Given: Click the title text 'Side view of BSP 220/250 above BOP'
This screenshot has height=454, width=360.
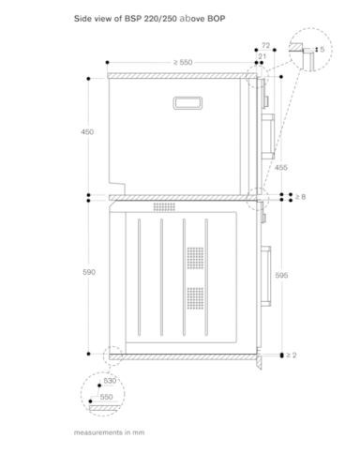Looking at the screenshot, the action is [x=149, y=19].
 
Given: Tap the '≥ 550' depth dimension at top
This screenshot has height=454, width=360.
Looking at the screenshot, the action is [x=183, y=62].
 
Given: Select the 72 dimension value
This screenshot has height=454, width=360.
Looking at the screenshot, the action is [x=265, y=46].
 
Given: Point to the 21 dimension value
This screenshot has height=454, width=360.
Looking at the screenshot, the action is [x=262, y=56].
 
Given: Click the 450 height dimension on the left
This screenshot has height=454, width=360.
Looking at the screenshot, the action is [x=87, y=132].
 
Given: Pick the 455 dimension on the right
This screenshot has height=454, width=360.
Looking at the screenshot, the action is [x=280, y=168].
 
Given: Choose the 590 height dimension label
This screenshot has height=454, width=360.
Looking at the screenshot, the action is [x=89, y=272].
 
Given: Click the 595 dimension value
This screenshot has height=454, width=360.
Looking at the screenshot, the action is [x=281, y=275].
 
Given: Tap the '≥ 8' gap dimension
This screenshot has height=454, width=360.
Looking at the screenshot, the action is [x=301, y=197].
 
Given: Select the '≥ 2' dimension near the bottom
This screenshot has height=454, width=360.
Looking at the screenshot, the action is [x=291, y=355].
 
